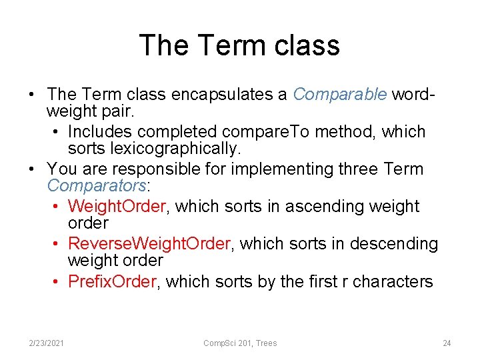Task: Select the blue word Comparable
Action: [339, 95]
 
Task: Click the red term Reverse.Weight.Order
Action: [149, 244]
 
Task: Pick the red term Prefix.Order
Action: [112, 281]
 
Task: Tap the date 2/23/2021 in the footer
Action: [47, 343]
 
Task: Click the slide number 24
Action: [447, 343]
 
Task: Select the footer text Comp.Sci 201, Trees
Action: [240, 343]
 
